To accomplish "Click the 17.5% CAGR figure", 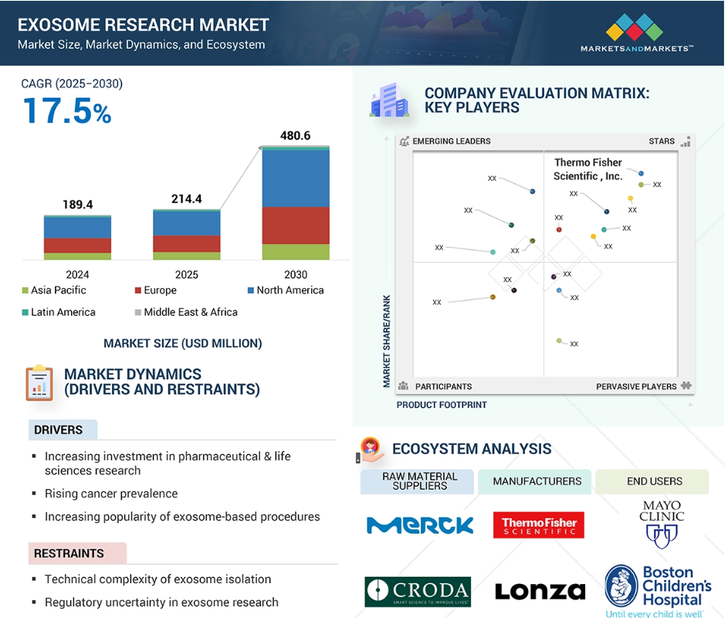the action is pyautogui.click(x=67, y=111).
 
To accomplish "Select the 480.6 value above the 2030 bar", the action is pyautogui.click(x=295, y=136).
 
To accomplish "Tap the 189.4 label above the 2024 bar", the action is pyautogui.click(x=77, y=205).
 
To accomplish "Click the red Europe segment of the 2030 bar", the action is pyautogui.click(x=296, y=226).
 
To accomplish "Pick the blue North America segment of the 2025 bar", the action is pyautogui.click(x=187, y=223).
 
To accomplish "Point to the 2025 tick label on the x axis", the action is pyautogui.click(x=187, y=274).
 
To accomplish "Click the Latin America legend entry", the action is pyautogui.click(x=59, y=312).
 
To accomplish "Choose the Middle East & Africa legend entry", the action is pyautogui.click(x=186, y=312).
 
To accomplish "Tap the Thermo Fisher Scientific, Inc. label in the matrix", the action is pyautogui.click(x=587, y=169).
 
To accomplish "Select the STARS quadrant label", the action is pyautogui.click(x=662, y=141).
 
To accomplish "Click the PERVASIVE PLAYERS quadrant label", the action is pyautogui.click(x=636, y=386).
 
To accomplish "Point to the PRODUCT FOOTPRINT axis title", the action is pyautogui.click(x=442, y=406).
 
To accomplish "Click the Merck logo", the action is pyautogui.click(x=420, y=525).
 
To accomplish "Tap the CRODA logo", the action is pyautogui.click(x=418, y=592).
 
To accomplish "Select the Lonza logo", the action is pyautogui.click(x=540, y=591).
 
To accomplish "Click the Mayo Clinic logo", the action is pyautogui.click(x=662, y=524).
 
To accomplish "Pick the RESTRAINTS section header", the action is pyautogui.click(x=69, y=553).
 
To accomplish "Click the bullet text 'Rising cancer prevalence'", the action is pyautogui.click(x=111, y=494).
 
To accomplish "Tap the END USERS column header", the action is pyautogui.click(x=655, y=481).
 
